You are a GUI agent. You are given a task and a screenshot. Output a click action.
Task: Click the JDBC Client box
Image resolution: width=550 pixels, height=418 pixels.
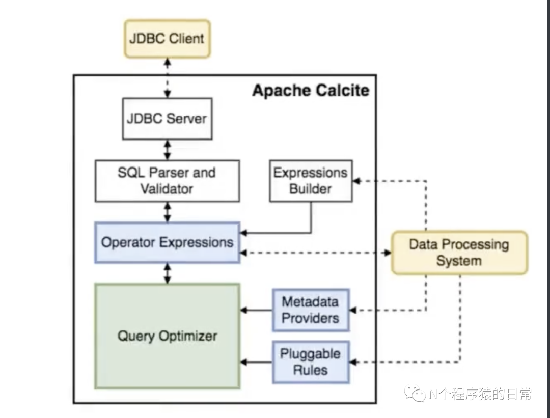coord(168,39)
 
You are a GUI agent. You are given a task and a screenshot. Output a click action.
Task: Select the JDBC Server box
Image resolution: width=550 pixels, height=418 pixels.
coord(168,119)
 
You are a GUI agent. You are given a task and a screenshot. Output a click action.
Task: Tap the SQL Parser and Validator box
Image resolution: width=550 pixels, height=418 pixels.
coord(168,181)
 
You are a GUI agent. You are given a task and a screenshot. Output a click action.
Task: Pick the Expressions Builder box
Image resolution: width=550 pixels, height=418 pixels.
coord(311,181)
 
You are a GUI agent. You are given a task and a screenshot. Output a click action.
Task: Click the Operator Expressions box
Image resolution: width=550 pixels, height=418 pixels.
coord(168,242)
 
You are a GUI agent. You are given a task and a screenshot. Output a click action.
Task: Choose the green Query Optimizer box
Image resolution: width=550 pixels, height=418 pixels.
coord(168,336)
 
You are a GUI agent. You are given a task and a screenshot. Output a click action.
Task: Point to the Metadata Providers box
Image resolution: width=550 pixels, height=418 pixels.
coord(311,310)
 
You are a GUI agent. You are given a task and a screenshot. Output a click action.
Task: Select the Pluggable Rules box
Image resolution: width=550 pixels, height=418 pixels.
coord(311,362)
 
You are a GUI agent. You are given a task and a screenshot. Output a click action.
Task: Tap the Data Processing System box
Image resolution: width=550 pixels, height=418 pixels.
coord(459,253)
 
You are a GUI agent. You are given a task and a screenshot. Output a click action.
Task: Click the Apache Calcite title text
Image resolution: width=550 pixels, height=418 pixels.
coord(311,91)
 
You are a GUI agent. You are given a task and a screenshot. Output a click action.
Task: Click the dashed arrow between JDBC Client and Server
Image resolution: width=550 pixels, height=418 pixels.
coord(168,78)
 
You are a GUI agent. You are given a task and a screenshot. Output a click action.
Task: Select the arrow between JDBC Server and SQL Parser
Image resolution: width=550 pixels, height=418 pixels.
coord(168,150)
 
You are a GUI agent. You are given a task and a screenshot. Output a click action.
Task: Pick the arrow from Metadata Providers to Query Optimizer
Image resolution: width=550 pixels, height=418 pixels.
coord(256,310)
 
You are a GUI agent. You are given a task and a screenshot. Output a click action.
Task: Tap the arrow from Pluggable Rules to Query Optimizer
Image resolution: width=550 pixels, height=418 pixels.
coord(256,362)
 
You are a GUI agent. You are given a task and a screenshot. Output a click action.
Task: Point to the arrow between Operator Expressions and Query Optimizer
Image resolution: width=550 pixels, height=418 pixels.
coord(168,273)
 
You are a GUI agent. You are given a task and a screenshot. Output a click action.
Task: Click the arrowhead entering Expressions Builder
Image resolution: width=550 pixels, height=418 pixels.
coord(356,181)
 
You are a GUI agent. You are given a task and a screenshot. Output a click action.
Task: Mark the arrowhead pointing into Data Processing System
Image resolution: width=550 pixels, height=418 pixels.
coord(388,253)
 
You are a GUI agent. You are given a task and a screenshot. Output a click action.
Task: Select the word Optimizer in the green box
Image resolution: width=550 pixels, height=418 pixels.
coord(188,336)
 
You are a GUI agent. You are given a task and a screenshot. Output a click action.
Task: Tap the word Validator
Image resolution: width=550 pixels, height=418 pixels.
coord(167,189)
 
